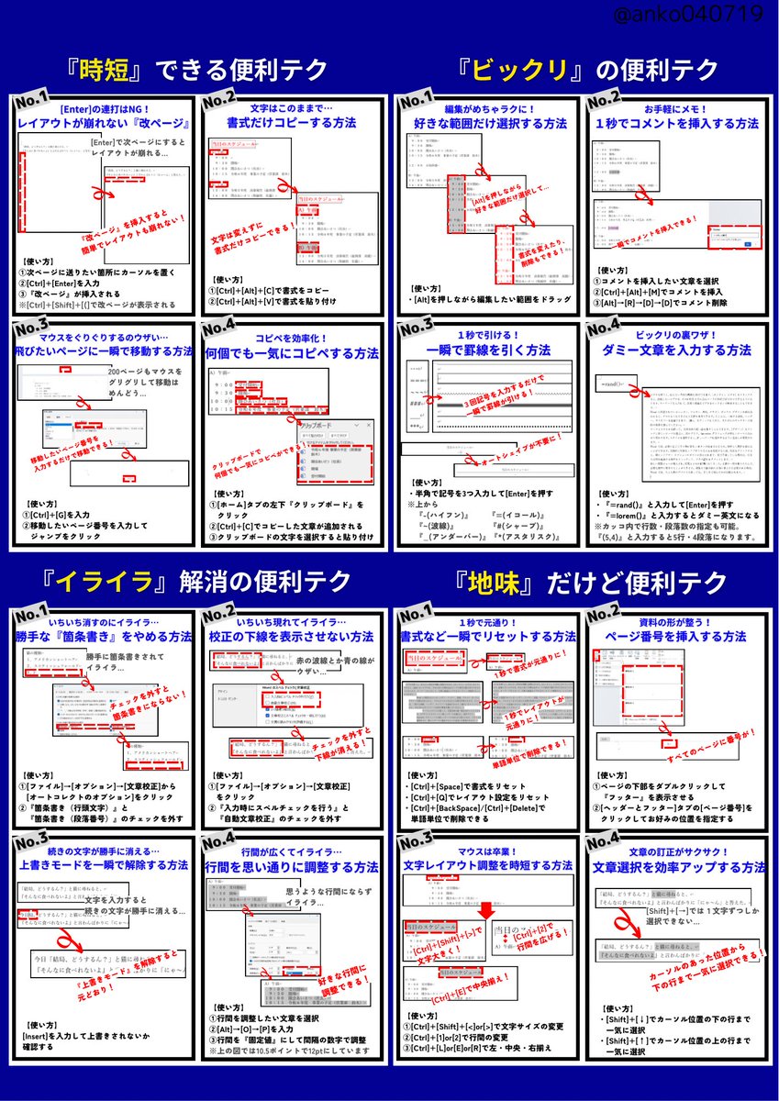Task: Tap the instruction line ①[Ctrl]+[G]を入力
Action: [59, 515]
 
